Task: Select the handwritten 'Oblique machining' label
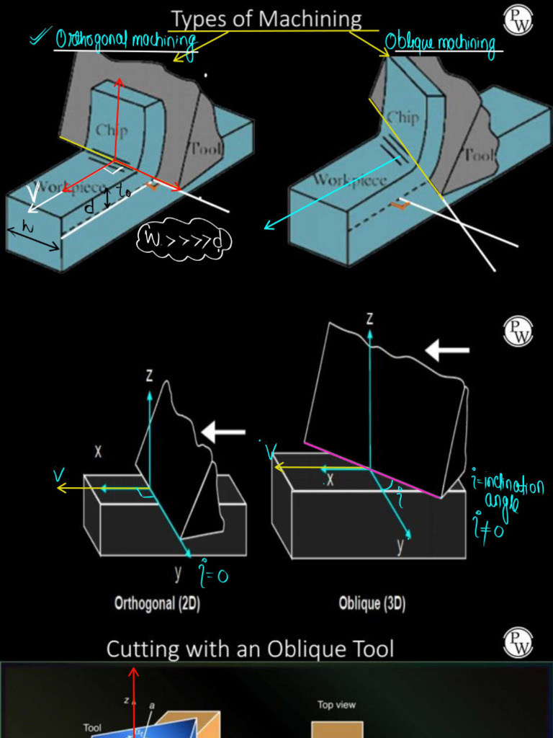coord(441,44)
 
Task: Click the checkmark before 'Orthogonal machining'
coord(40,38)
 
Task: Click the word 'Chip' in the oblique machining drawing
coord(403,117)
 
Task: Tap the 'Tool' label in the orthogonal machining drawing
coord(207,148)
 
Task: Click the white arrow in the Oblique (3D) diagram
coord(446,351)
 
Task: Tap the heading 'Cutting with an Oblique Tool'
coord(250,649)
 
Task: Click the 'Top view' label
coord(336,705)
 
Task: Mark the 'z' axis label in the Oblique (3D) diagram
coord(369,318)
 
